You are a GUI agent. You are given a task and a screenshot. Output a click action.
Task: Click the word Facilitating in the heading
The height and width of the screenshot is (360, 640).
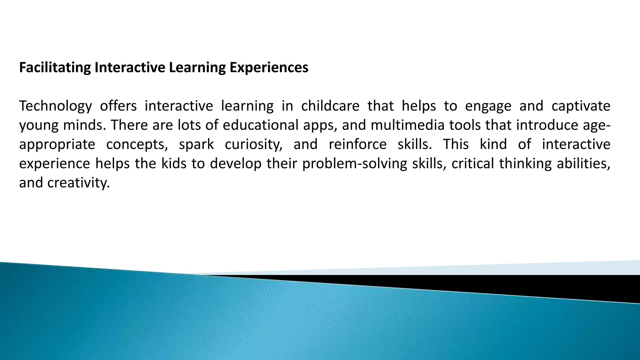pyautogui.click(x=55, y=68)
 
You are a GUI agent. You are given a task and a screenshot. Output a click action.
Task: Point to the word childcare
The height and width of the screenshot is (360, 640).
pyautogui.click(x=330, y=106)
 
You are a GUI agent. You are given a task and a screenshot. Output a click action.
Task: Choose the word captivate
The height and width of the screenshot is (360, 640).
pyautogui.click(x=581, y=106)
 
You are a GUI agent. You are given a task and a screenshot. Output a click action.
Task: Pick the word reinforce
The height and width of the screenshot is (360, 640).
pyautogui.click(x=357, y=145)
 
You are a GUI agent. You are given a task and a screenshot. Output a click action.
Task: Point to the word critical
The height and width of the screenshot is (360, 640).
pyautogui.click(x=472, y=164)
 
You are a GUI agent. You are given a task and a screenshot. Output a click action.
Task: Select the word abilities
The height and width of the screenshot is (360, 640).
pyautogui.click(x=583, y=164)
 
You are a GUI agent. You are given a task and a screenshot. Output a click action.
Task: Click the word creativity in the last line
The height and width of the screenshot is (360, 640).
pyautogui.click(x=78, y=183)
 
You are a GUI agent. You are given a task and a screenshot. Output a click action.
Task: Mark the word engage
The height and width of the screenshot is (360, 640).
pyautogui.click(x=488, y=106)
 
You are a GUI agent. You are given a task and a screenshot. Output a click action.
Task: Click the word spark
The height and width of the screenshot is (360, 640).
pyautogui.click(x=196, y=145)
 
